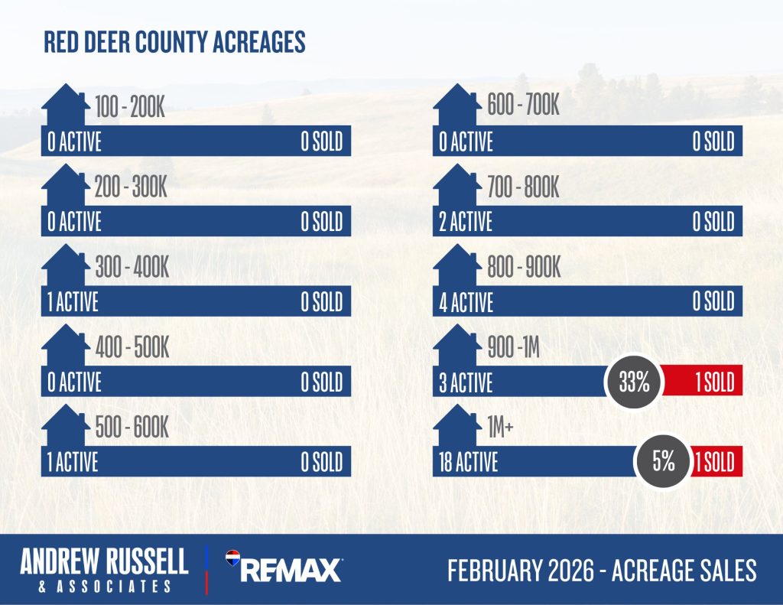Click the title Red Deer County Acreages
174,42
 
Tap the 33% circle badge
634,382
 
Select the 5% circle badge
664,461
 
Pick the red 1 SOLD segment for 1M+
715,461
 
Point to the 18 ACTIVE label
468,462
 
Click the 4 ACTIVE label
466,302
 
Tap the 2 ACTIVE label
466,222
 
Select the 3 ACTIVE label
466,382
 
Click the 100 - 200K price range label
130,108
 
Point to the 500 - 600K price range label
132,428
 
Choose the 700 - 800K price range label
523,188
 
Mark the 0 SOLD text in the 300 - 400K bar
321,302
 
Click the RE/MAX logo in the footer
284,569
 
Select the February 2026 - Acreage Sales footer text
602,570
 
